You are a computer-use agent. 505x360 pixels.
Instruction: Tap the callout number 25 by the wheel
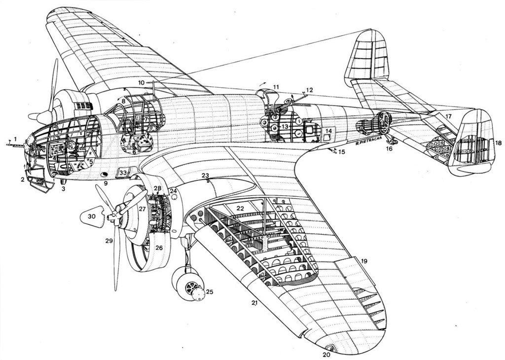pyautogui.click(x=209, y=292)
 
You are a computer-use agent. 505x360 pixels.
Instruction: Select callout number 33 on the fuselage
pyautogui.click(x=123, y=173)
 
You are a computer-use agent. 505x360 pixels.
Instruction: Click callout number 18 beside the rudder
pyautogui.click(x=498, y=143)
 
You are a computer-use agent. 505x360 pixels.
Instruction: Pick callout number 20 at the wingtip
pyautogui.click(x=325, y=354)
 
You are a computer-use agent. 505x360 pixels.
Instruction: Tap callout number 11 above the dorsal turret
pyautogui.click(x=276, y=87)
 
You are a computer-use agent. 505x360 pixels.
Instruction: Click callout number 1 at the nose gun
pyautogui.click(x=15, y=139)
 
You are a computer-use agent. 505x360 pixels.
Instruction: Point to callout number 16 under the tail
pyautogui.click(x=389, y=148)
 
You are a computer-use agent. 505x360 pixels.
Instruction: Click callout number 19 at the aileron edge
pyautogui.click(x=364, y=260)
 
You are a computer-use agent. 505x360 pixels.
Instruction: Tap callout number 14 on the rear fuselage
pyautogui.click(x=328, y=131)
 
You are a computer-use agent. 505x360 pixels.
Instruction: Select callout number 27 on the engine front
pyautogui.click(x=142, y=209)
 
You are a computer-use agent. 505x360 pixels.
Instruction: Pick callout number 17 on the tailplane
pyautogui.click(x=448, y=116)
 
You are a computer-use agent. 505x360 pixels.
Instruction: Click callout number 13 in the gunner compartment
pyautogui.click(x=285, y=127)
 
